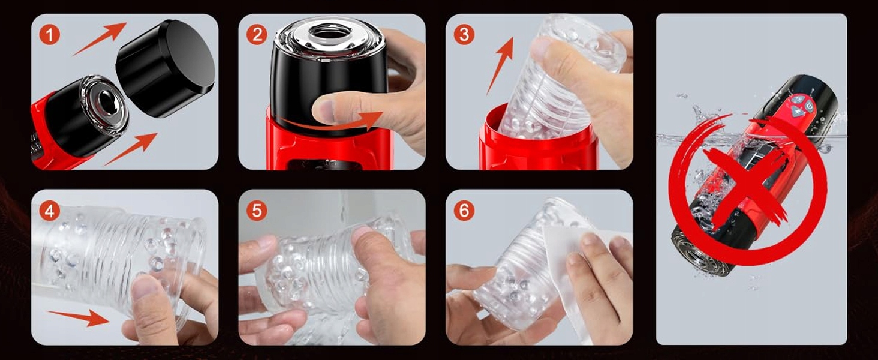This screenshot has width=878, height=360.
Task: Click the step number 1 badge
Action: coord(49,35)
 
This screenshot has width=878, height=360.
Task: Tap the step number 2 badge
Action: coord(257,35)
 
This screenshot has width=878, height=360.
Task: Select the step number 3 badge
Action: coord(464,35)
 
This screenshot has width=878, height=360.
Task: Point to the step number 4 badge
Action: coord(49,211)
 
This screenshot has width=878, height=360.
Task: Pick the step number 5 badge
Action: coord(257,211)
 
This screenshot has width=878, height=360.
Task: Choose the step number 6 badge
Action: coord(464,211)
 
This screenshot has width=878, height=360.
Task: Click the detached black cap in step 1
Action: coord(166,68)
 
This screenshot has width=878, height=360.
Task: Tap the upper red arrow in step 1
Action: coord(100,38)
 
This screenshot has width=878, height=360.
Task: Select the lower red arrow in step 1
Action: coord(131,149)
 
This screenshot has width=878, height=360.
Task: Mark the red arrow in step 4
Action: coord(77,317)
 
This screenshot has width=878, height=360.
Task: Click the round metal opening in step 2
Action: coord(329,31)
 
